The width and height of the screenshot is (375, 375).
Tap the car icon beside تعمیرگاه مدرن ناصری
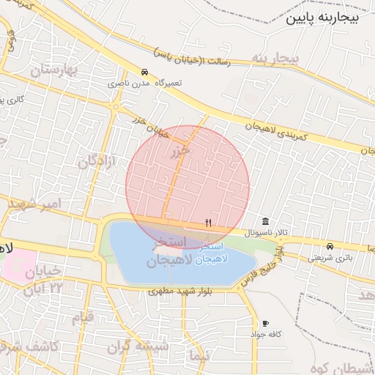pos(145,73)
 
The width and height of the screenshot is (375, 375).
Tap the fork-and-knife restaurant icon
pos(209,223)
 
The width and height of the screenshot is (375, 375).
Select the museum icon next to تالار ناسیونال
pos(264,222)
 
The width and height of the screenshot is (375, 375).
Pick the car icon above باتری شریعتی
pos(330,246)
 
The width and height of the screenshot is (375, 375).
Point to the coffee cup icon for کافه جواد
pos(264,323)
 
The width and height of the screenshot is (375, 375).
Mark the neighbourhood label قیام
pos(82,317)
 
